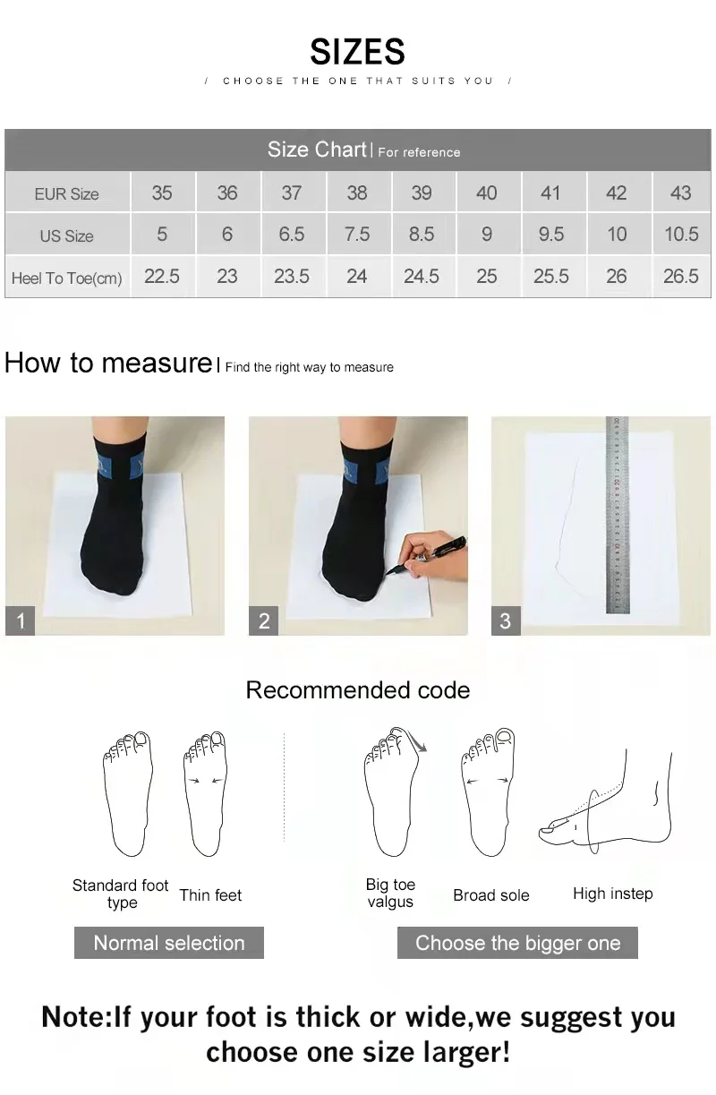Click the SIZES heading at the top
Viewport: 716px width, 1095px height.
click(x=357, y=52)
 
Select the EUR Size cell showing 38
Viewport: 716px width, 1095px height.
click(x=356, y=192)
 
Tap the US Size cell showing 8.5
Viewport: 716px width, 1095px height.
click(x=421, y=235)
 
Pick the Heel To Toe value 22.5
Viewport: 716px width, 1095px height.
click(x=162, y=277)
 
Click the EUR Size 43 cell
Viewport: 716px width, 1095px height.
click(x=680, y=192)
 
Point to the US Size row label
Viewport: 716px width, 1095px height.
click(x=66, y=236)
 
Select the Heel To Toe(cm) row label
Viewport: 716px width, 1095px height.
click(x=66, y=278)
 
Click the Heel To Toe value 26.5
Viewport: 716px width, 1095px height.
click(x=680, y=277)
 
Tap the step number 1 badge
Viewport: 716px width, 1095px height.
click(x=21, y=620)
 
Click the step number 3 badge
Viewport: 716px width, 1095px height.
click(x=506, y=620)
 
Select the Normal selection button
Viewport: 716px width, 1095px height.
click(x=169, y=943)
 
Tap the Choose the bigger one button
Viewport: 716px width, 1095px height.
click(x=517, y=943)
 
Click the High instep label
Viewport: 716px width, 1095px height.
click(x=612, y=894)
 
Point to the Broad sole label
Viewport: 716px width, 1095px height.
click(x=490, y=895)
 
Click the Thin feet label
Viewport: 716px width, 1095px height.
click(x=210, y=895)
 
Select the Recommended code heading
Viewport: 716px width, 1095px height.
click(x=357, y=690)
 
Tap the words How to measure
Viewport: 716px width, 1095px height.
click(x=107, y=363)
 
